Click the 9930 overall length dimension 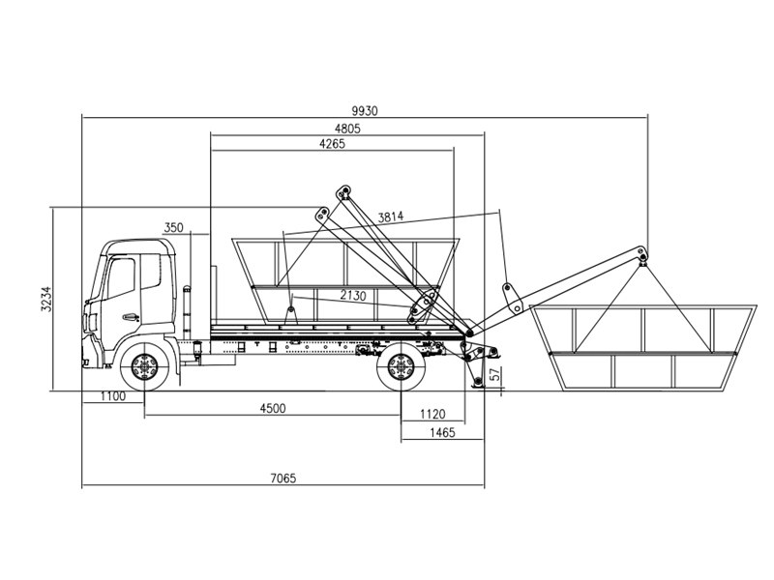click(364, 111)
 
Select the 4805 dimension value click(347, 129)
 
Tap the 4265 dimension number click(331, 144)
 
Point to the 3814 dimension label click(392, 217)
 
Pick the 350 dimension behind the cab click(173, 228)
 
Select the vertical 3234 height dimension click(45, 300)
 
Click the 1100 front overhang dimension click(112, 397)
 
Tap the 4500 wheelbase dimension click(272, 409)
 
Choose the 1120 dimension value click(432, 414)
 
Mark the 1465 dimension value click(441, 432)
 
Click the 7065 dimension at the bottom click(283, 478)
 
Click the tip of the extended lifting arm click(642, 255)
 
